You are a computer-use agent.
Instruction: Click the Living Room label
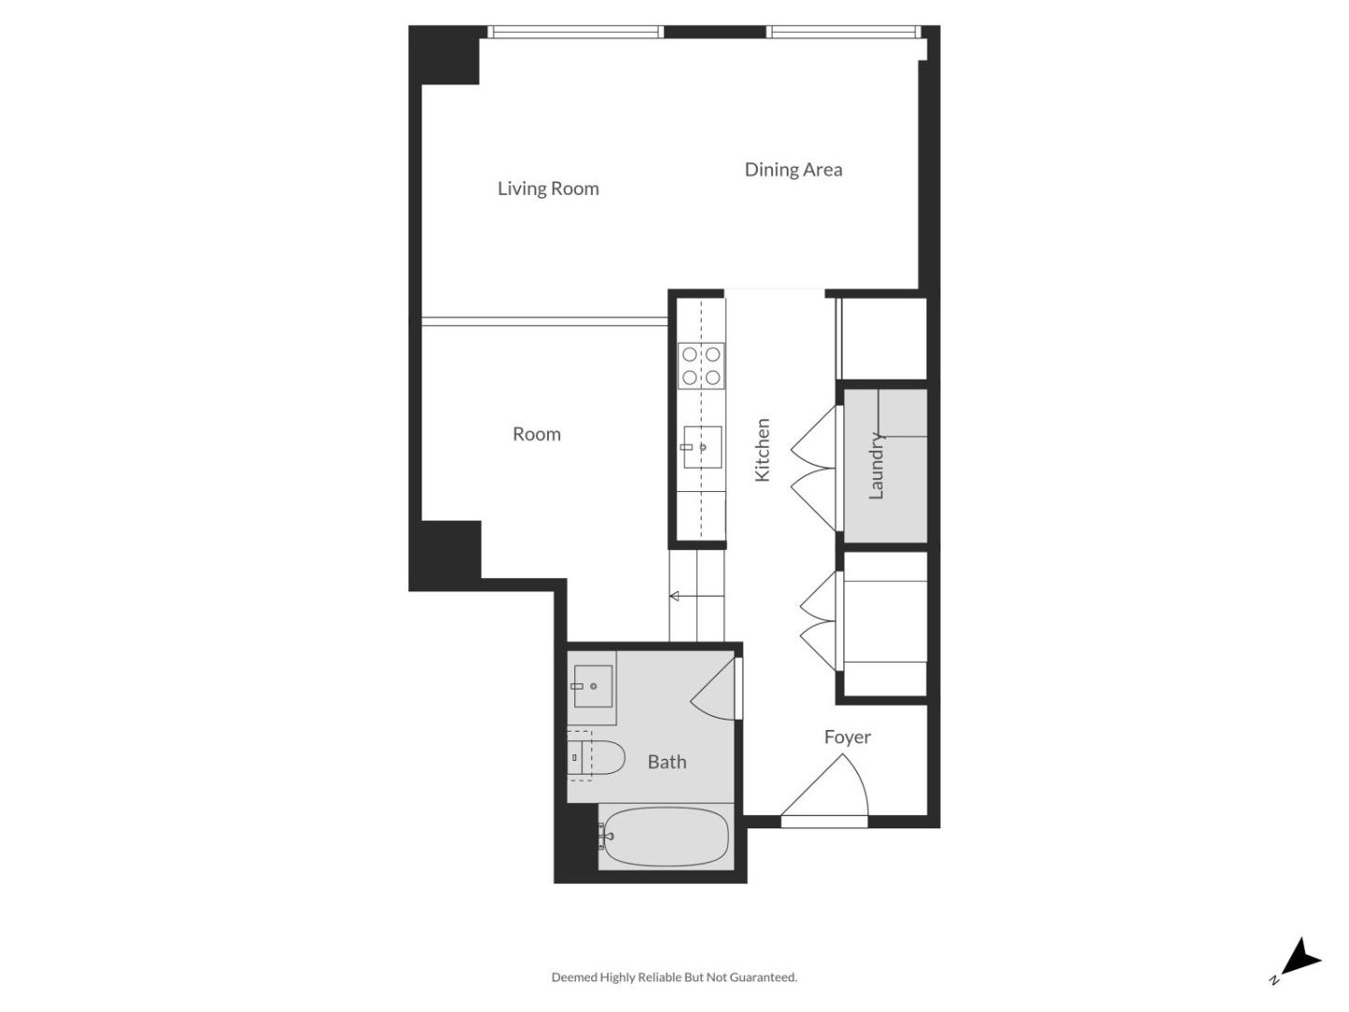(x=548, y=188)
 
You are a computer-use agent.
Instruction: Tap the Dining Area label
(x=793, y=170)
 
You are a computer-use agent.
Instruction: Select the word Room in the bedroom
(x=536, y=434)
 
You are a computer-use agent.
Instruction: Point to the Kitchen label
(x=763, y=450)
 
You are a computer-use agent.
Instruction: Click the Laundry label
(x=877, y=466)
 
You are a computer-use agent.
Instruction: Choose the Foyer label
(x=847, y=737)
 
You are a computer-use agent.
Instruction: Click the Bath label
(x=666, y=762)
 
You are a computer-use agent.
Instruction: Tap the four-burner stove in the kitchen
(x=701, y=365)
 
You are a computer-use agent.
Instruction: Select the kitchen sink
(x=702, y=447)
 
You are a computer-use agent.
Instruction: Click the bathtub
(x=665, y=837)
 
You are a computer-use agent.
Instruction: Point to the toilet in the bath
(x=598, y=757)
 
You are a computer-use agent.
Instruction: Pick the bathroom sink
(x=592, y=687)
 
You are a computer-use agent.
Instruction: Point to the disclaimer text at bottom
(x=674, y=977)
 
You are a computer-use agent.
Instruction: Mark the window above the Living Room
(x=576, y=32)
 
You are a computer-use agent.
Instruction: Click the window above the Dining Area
(x=843, y=32)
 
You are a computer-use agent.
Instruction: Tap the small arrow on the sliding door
(x=674, y=596)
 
